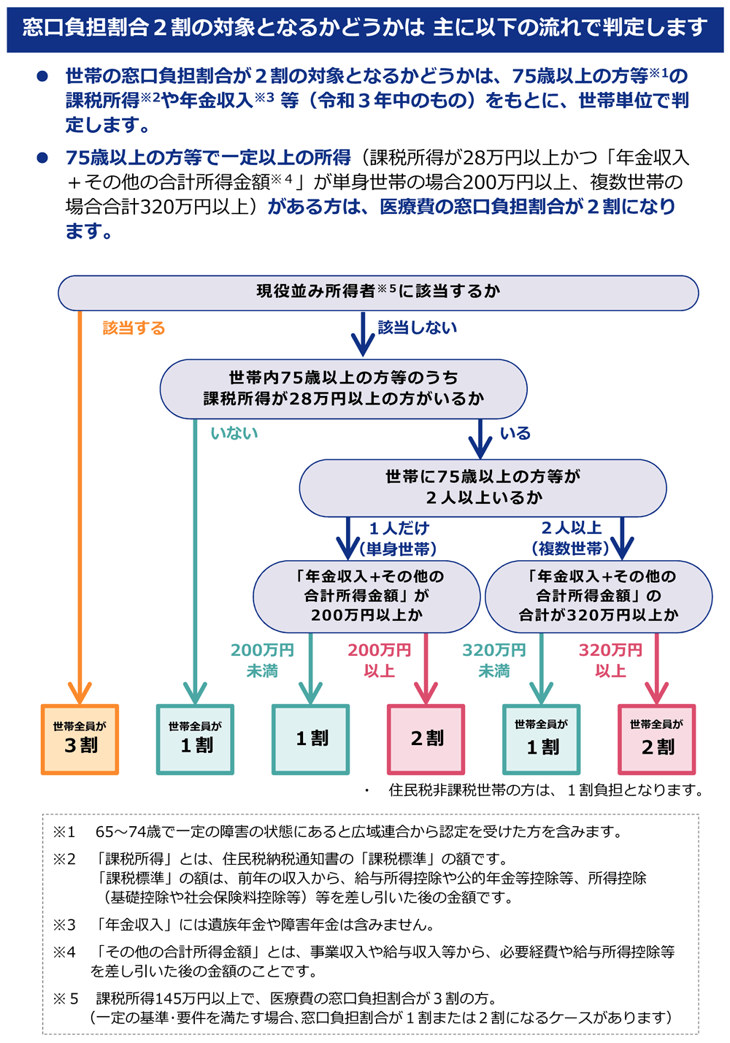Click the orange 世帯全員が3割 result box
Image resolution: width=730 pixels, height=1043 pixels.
click(x=80, y=739)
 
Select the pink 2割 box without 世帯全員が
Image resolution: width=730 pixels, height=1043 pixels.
click(x=426, y=739)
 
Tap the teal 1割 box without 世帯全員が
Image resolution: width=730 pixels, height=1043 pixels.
click(x=311, y=739)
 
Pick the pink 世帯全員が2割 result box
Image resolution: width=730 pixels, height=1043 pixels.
click(x=657, y=739)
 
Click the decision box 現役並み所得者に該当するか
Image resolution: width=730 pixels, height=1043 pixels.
click(x=378, y=292)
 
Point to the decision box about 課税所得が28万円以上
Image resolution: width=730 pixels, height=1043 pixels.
click(x=343, y=389)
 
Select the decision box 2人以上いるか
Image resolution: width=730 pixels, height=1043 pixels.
click(x=483, y=487)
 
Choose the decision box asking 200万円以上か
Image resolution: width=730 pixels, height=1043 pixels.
click(x=366, y=596)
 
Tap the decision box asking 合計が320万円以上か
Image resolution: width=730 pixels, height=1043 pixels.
click(x=599, y=596)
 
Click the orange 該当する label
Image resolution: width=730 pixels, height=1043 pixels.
click(x=134, y=328)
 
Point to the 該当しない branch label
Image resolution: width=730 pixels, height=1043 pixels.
click(x=417, y=328)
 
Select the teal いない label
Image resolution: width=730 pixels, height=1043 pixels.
click(x=234, y=433)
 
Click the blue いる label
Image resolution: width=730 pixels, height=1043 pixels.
click(x=515, y=433)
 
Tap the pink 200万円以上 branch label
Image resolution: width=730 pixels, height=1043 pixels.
click(x=379, y=660)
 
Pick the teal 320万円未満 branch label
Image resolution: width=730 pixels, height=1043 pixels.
click(x=493, y=660)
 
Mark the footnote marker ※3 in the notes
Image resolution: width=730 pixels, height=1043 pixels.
click(x=64, y=925)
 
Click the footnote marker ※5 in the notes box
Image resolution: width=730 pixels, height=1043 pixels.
click(x=65, y=998)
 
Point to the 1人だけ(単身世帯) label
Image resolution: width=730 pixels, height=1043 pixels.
click(x=399, y=538)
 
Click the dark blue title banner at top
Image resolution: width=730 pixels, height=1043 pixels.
click(x=365, y=28)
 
